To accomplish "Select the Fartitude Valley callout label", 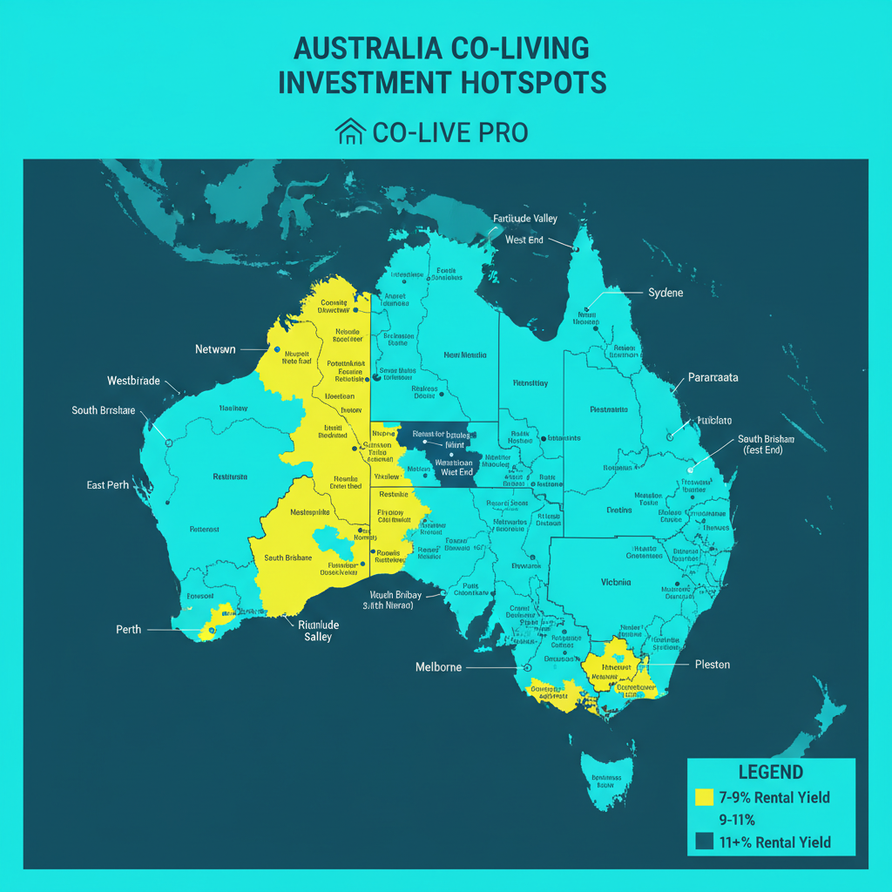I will (524, 219).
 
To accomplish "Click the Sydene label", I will (666, 293).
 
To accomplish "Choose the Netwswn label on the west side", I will (215, 349).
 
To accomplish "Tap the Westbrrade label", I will (133, 381).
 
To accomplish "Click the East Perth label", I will (107, 484).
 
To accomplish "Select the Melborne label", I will (437, 667).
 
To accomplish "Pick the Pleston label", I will (713, 665).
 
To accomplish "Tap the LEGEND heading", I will (771, 773).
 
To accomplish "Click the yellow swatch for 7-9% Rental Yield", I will (705, 797).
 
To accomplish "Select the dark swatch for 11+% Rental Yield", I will (705, 841).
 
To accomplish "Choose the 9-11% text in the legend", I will (736, 820).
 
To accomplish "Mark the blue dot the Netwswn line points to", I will (277, 350).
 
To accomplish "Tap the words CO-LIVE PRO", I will (449, 132).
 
